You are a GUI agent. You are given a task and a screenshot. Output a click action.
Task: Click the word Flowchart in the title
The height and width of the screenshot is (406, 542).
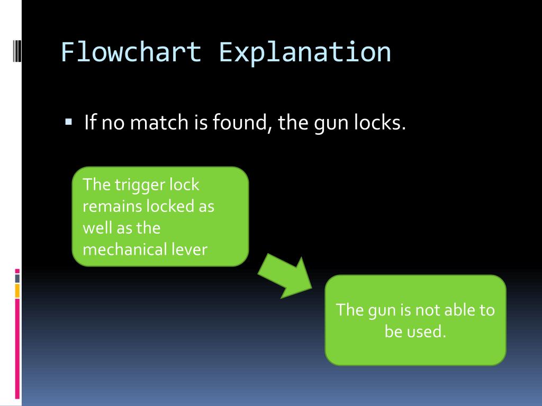coord(131,52)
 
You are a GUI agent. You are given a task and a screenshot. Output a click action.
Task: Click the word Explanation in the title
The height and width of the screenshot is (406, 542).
coord(305,52)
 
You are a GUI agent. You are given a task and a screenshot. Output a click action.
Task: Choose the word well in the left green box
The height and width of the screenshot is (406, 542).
coord(96,227)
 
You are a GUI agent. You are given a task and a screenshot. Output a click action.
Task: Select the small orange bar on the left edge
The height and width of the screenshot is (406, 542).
coord(17,290)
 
